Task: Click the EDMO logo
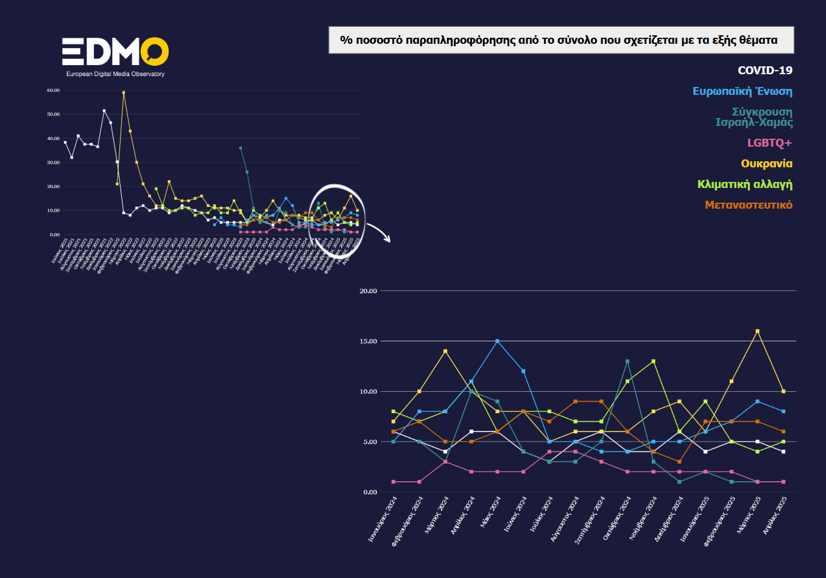(x=115, y=53)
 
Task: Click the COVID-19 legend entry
(x=764, y=71)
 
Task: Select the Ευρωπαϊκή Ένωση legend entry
(x=742, y=91)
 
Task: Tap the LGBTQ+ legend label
(x=769, y=143)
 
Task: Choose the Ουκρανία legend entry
(x=766, y=164)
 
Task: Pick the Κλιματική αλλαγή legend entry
(x=744, y=184)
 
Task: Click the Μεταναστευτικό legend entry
(x=748, y=205)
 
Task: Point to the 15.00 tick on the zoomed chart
(x=368, y=341)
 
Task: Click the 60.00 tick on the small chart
(x=53, y=91)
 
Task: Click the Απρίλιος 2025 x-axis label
(x=775, y=515)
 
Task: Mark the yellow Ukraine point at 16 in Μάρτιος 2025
(x=757, y=332)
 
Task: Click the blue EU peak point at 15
(x=498, y=341)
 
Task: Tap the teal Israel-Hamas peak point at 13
(x=627, y=361)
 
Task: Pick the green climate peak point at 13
(x=654, y=361)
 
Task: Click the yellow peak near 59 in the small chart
(x=124, y=93)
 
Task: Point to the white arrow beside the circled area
(x=379, y=232)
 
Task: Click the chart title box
(x=561, y=40)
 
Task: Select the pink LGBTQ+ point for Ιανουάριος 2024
(x=394, y=482)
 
